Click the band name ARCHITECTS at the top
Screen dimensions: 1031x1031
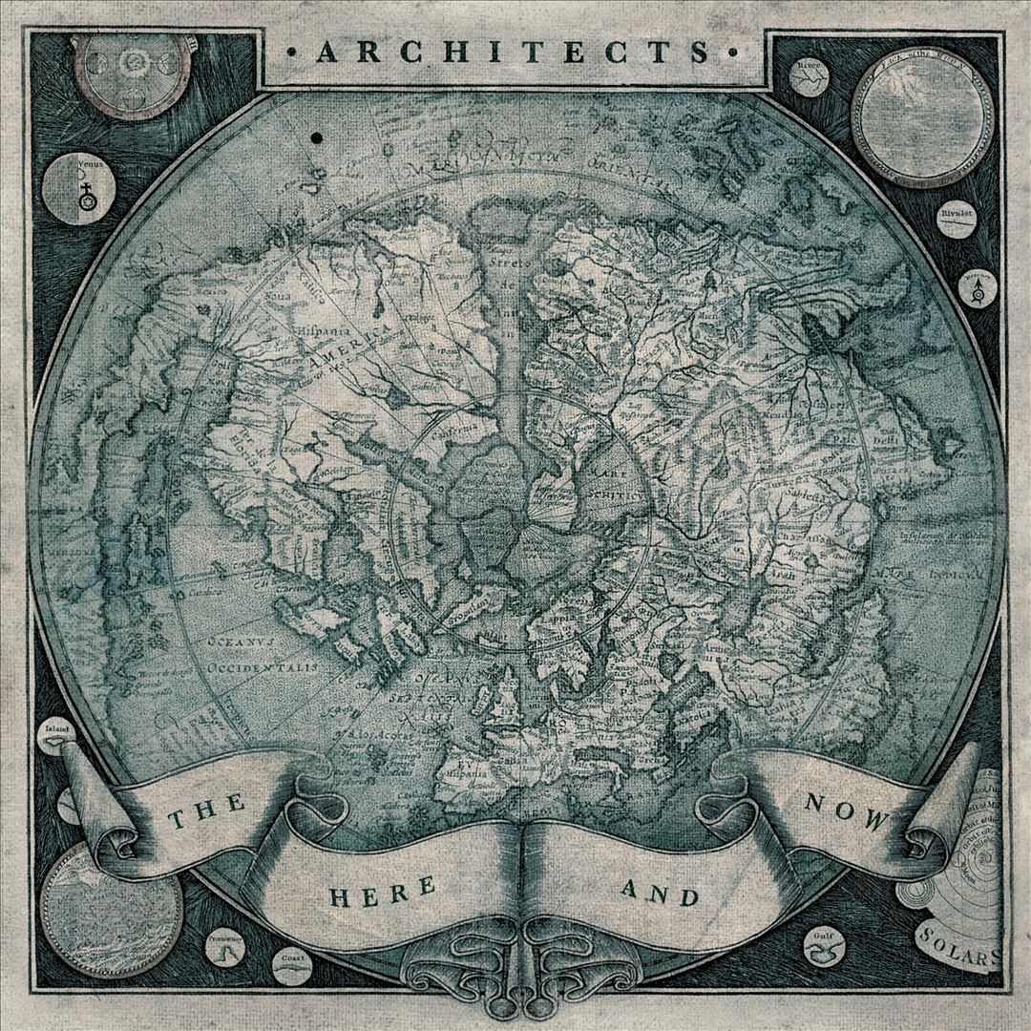515,52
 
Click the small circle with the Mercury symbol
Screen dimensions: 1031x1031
977,287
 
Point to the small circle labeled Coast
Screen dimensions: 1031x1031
292,965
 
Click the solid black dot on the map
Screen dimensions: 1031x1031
314,139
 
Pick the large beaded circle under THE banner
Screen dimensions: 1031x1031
111,903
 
